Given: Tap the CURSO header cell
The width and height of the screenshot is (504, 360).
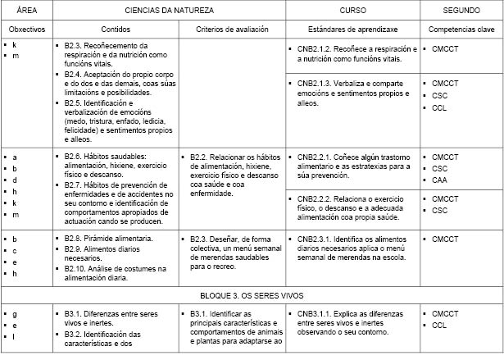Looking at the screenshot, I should click(x=352, y=10).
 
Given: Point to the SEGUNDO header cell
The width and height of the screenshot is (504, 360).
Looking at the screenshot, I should click(x=461, y=10).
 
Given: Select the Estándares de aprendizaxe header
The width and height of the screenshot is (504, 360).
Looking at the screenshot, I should click(x=352, y=29).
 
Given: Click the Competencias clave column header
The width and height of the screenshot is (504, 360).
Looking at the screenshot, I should click(x=461, y=29).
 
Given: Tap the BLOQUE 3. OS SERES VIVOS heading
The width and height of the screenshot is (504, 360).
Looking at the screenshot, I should click(x=252, y=293).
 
